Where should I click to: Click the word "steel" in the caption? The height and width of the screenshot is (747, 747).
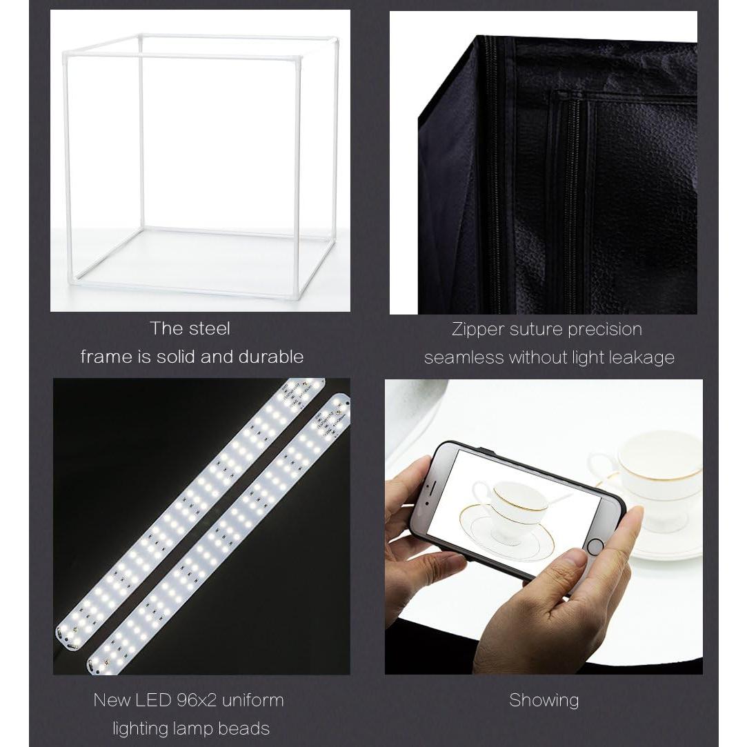coord(208,329)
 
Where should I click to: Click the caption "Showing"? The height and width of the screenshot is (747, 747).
coord(544,701)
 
